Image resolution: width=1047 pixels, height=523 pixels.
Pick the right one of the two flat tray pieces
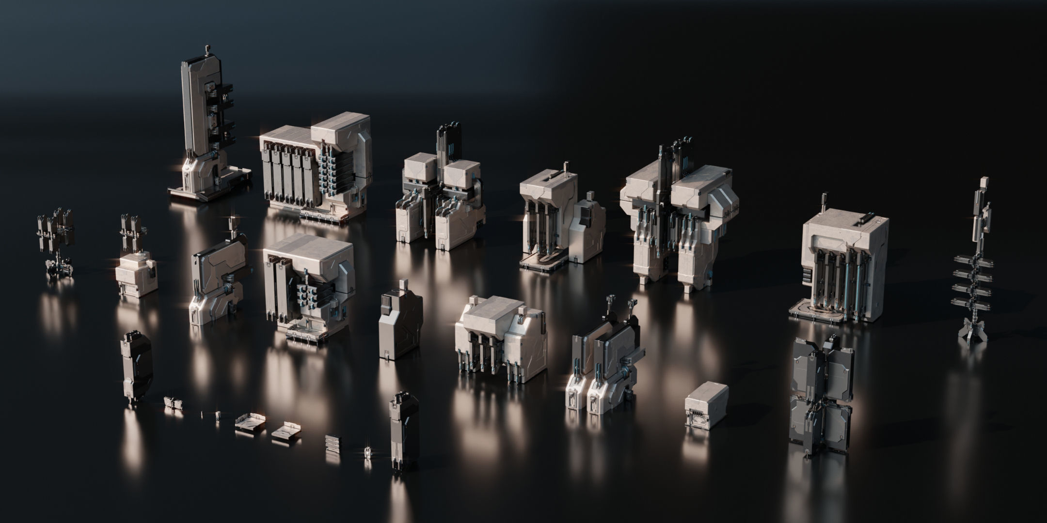286,429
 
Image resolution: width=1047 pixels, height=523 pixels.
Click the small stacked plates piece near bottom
333,442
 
